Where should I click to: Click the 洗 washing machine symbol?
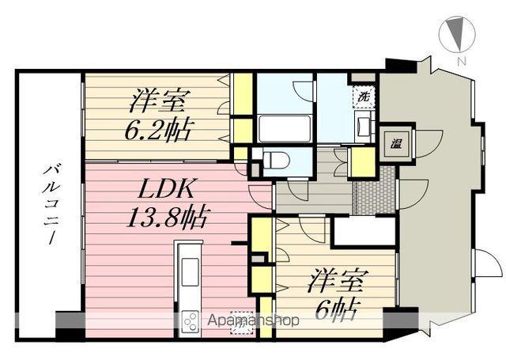click(x=364, y=97)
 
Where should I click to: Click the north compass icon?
click(x=456, y=34)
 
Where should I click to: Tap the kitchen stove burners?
click(x=192, y=320)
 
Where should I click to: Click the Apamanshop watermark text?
click(x=252, y=321)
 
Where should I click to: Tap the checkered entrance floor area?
click(x=375, y=191)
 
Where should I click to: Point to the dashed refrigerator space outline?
click(x=240, y=322)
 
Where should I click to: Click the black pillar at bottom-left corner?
click(x=70, y=326)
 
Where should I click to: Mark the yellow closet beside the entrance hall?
click(x=361, y=161)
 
